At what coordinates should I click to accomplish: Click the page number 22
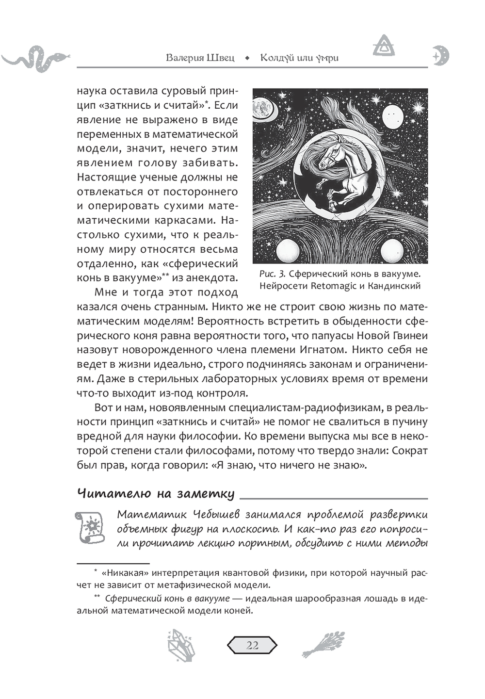pyautogui.click(x=252, y=645)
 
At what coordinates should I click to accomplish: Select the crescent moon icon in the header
pyautogui.click(x=441, y=55)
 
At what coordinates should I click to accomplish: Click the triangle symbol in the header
pyautogui.click(x=384, y=46)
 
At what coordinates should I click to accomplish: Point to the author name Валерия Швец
pyautogui.click(x=200, y=58)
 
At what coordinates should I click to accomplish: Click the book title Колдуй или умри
pyautogui.click(x=299, y=58)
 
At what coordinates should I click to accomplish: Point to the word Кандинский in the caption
pyautogui.click(x=394, y=286)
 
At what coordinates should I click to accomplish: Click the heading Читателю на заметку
pyautogui.click(x=156, y=494)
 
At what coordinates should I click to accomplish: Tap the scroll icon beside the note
pyautogui.click(x=90, y=527)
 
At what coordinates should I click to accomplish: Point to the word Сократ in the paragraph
pyautogui.click(x=409, y=451)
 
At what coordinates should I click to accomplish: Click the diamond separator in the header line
pyautogui.click(x=247, y=58)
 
